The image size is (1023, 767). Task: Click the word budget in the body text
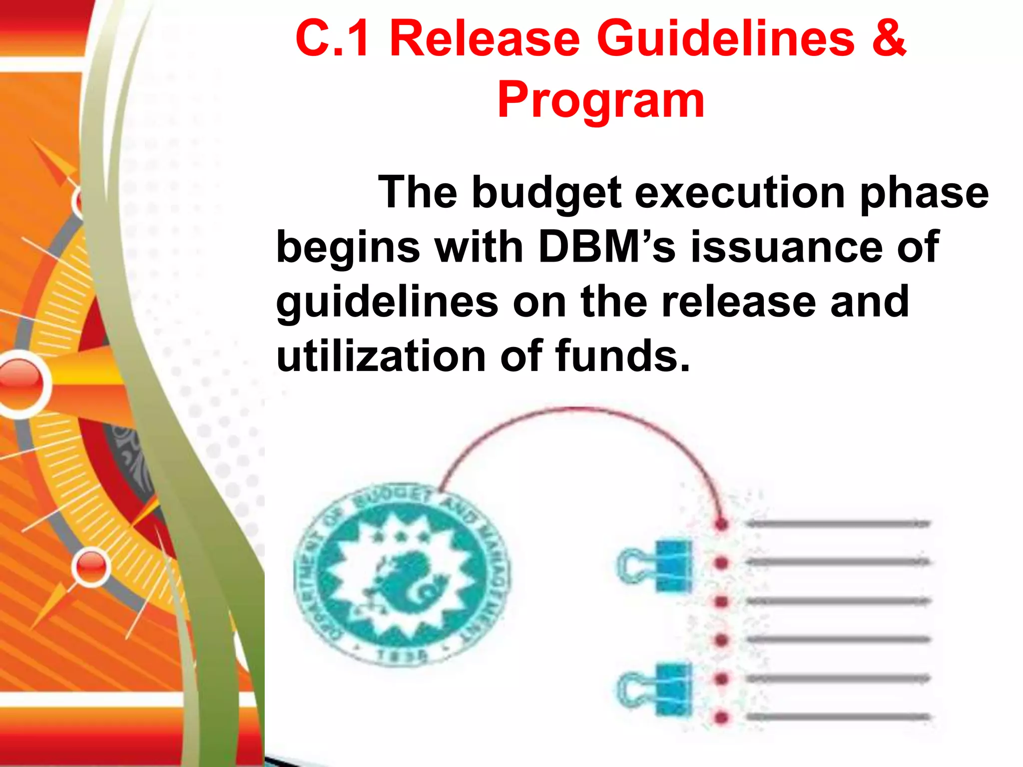pyautogui.click(x=546, y=193)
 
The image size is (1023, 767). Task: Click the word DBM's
pyautogui.click(x=606, y=247)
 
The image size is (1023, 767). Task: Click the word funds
pyautogui.click(x=622, y=356)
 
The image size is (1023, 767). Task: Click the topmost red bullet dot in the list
pyautogui.click(x=721, y=524)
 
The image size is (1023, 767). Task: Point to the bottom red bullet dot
pyautogui.click(x=721, y=718)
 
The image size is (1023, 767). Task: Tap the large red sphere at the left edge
pyautogui.click(x=20, y=383)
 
